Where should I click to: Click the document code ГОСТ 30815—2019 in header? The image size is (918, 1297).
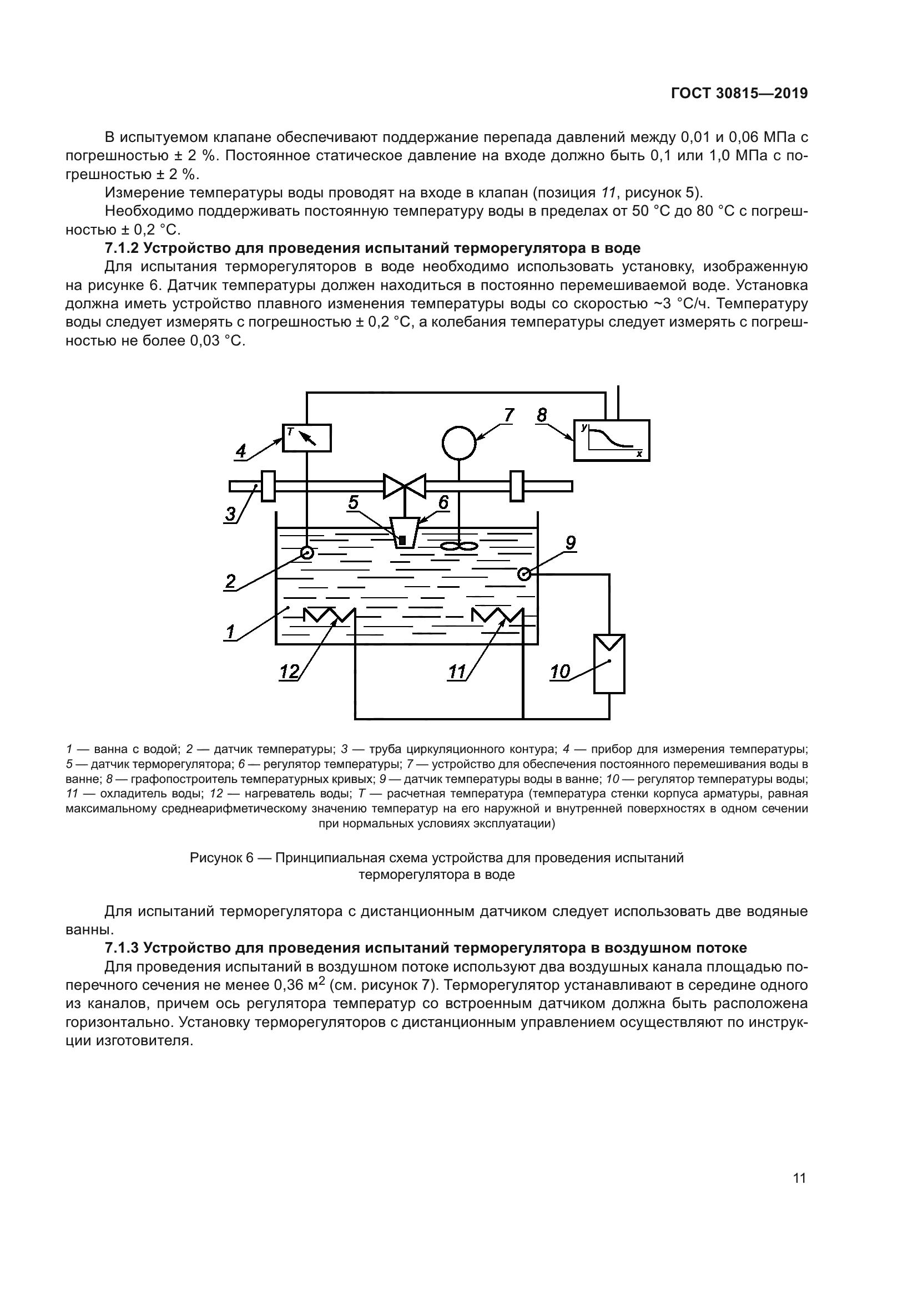[739, 94]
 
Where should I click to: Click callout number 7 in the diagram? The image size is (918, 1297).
[509, 415]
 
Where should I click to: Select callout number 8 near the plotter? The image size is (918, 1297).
[542, 416]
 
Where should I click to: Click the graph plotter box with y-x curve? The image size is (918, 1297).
[612, 441]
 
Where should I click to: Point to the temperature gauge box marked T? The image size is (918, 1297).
[306, 438]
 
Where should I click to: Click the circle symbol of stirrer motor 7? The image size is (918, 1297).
[459, 443]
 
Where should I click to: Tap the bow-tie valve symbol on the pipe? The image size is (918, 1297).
[404, 486]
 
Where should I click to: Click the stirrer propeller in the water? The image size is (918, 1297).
[459, 546]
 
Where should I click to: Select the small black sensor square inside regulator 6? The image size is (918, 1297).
[402, 541]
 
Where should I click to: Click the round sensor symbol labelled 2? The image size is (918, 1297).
[307, 552]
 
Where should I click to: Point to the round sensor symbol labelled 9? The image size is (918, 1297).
[524, 574]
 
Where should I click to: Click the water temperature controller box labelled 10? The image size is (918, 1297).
[609, 664]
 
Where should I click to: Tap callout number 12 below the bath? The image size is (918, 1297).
[289, 672]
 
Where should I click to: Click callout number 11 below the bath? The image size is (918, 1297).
[457, 672]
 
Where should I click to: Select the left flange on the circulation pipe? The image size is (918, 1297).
[268, 486]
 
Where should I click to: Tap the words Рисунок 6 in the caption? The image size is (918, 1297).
[221, 858]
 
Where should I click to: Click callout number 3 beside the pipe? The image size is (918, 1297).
[231, 514]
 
